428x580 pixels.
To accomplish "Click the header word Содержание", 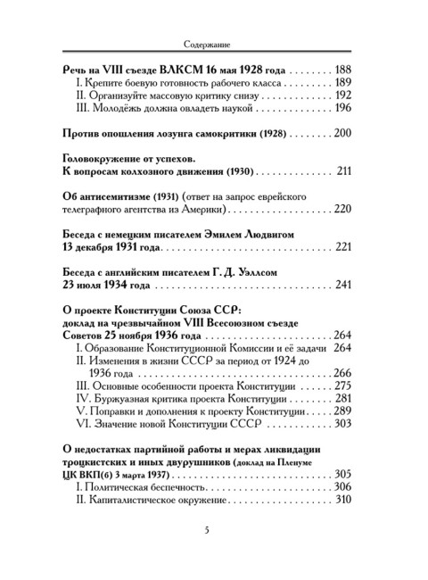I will pos(213,41).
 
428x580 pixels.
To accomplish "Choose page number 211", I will pos(345,170).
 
